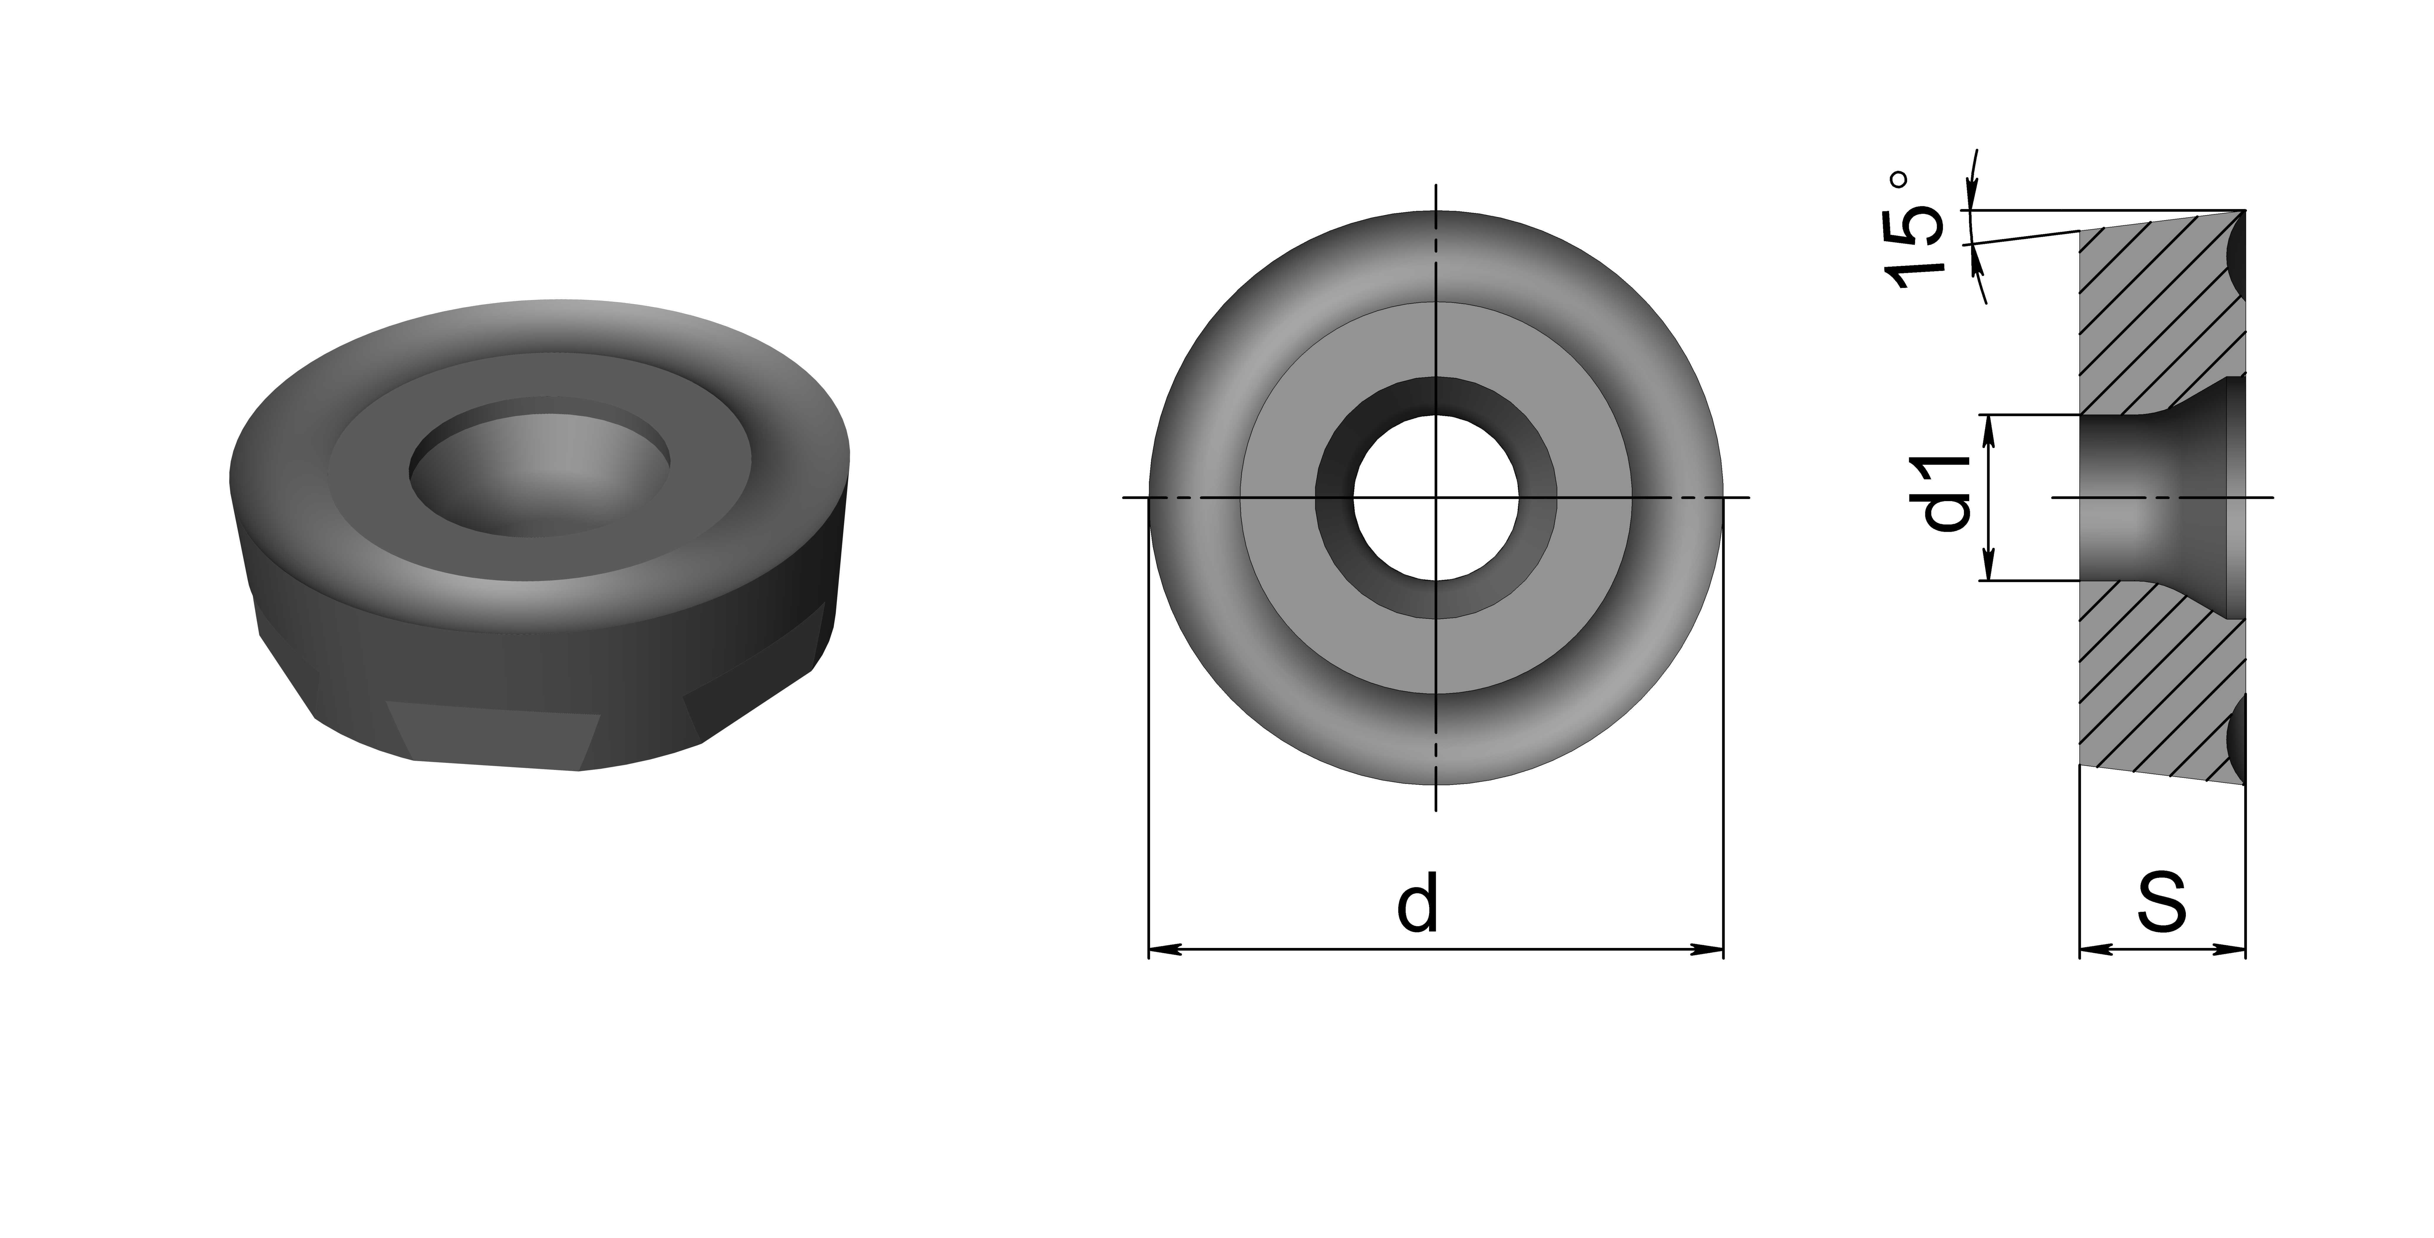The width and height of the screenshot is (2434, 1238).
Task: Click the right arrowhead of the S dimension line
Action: [2228, 949]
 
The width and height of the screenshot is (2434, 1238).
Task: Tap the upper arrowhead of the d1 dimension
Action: [1990, 433]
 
